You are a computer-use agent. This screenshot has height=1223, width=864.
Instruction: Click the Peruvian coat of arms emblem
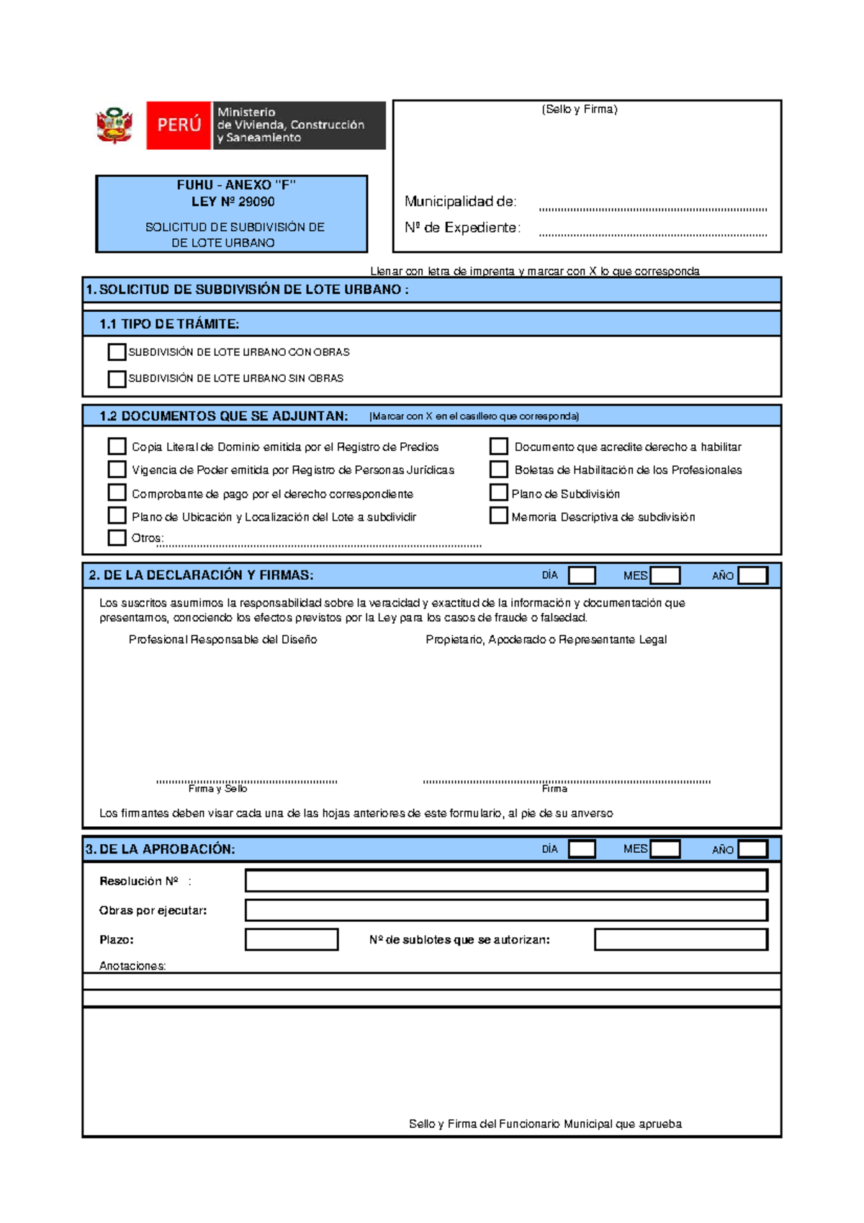114,126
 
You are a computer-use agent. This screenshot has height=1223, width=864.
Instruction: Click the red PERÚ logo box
179,125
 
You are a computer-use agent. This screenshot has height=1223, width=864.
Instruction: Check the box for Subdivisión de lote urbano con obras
117,352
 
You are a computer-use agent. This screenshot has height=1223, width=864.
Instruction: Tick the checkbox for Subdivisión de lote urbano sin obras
117,379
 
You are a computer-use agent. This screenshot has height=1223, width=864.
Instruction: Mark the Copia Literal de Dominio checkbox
117,447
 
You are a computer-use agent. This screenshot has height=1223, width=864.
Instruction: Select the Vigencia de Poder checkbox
117,470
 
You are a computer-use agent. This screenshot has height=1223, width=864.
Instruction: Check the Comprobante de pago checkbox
117,493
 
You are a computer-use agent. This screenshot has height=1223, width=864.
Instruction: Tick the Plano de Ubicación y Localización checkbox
117,516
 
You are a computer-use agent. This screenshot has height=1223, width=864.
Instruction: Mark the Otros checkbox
117,537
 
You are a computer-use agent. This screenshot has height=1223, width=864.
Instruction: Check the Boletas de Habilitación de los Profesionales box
498,470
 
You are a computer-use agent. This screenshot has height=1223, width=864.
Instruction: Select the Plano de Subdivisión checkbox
498,493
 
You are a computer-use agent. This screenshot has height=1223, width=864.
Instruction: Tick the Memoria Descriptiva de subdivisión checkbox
498,516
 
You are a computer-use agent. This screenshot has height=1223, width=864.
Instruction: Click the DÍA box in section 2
582,575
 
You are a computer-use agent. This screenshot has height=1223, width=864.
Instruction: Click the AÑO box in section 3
753,849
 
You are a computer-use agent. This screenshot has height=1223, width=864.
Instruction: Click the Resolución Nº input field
506,881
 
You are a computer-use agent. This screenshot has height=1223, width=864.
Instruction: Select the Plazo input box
292,940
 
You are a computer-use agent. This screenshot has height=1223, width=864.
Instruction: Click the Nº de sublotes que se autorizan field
681,940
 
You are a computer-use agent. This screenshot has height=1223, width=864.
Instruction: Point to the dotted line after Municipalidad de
653,209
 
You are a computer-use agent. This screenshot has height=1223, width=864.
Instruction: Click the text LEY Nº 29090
233,202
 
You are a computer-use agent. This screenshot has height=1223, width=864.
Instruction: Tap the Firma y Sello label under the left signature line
217,789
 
